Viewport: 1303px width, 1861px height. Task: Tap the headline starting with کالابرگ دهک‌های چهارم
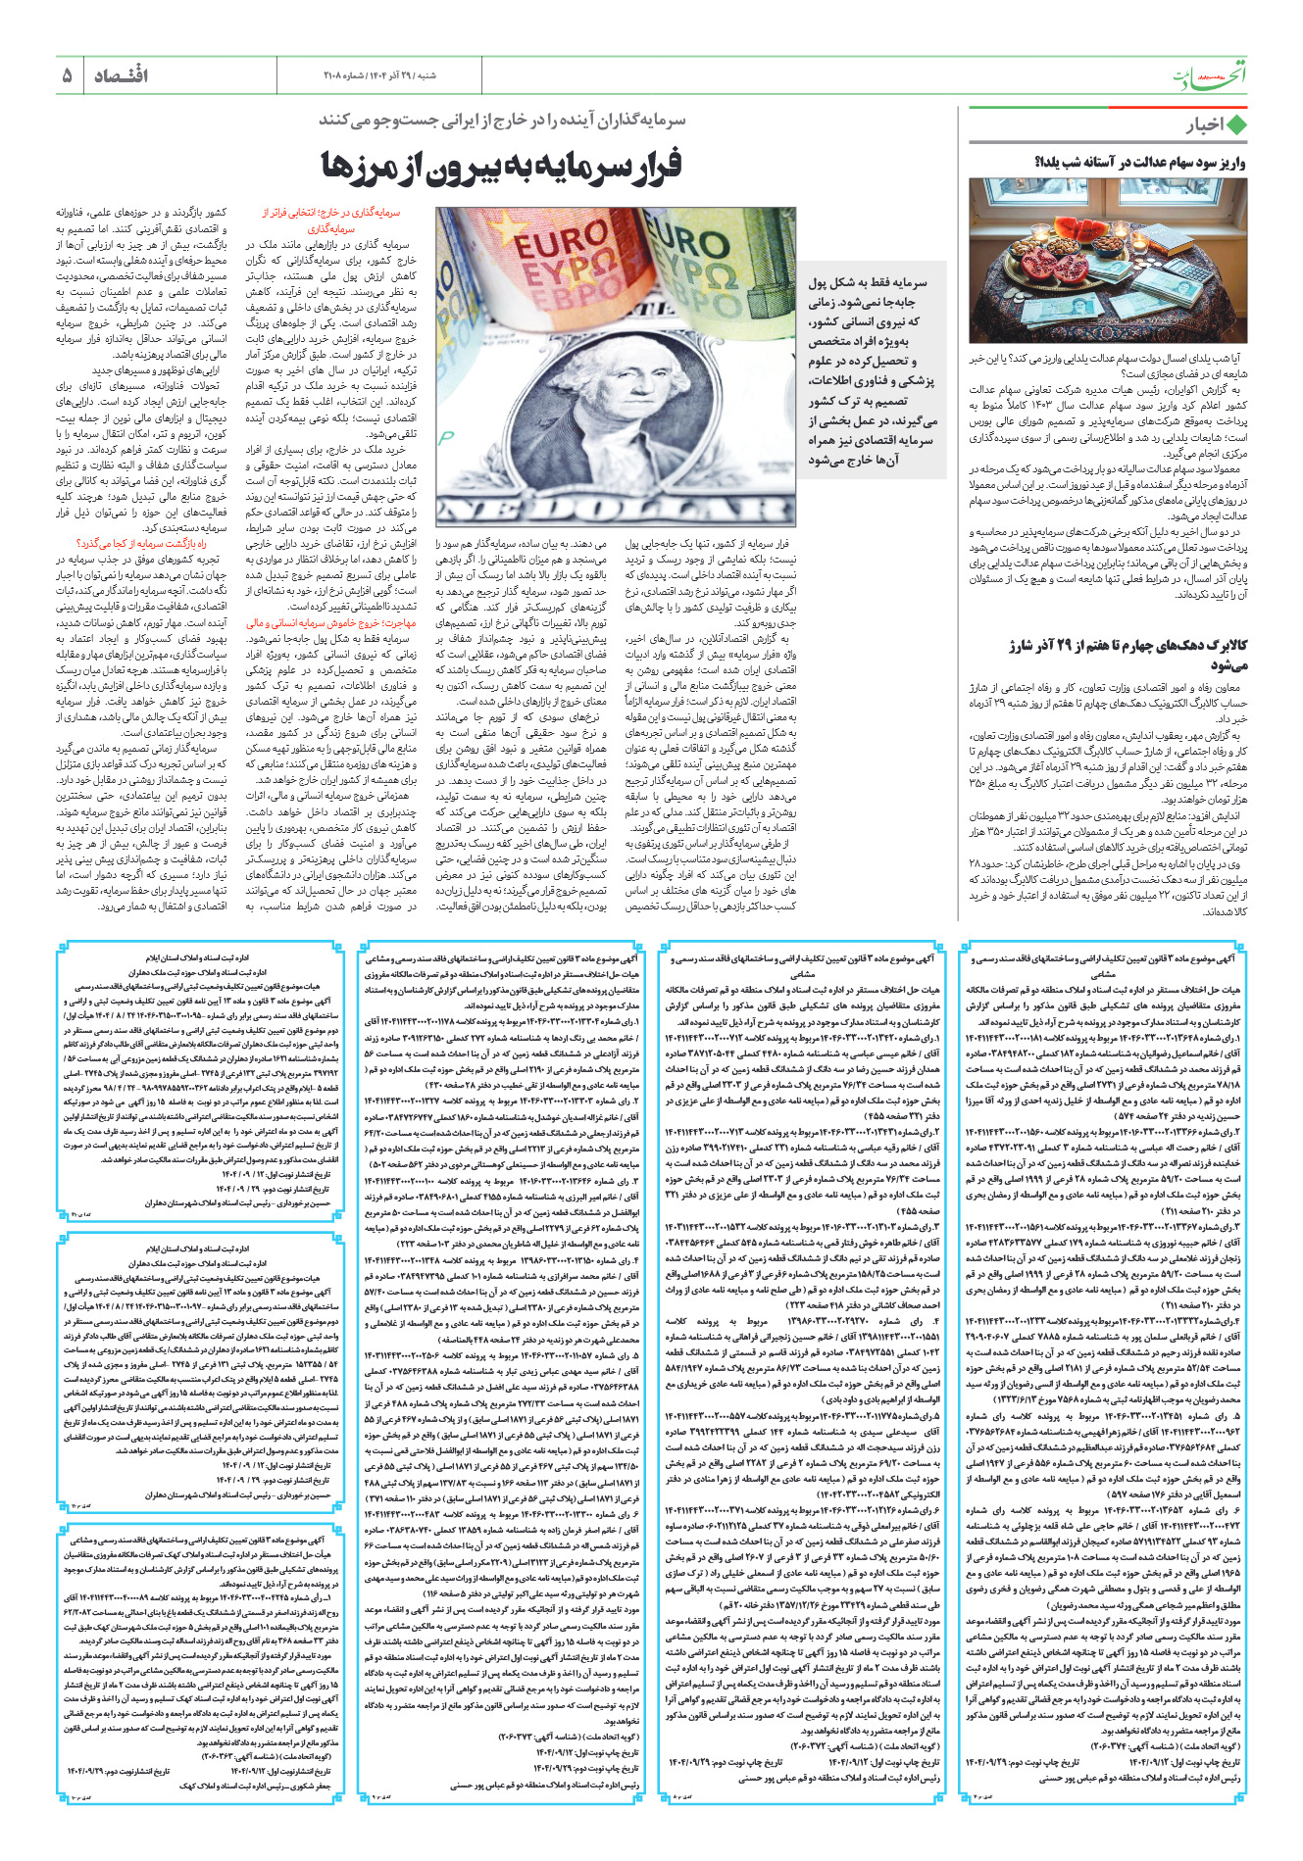point(1128,655)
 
